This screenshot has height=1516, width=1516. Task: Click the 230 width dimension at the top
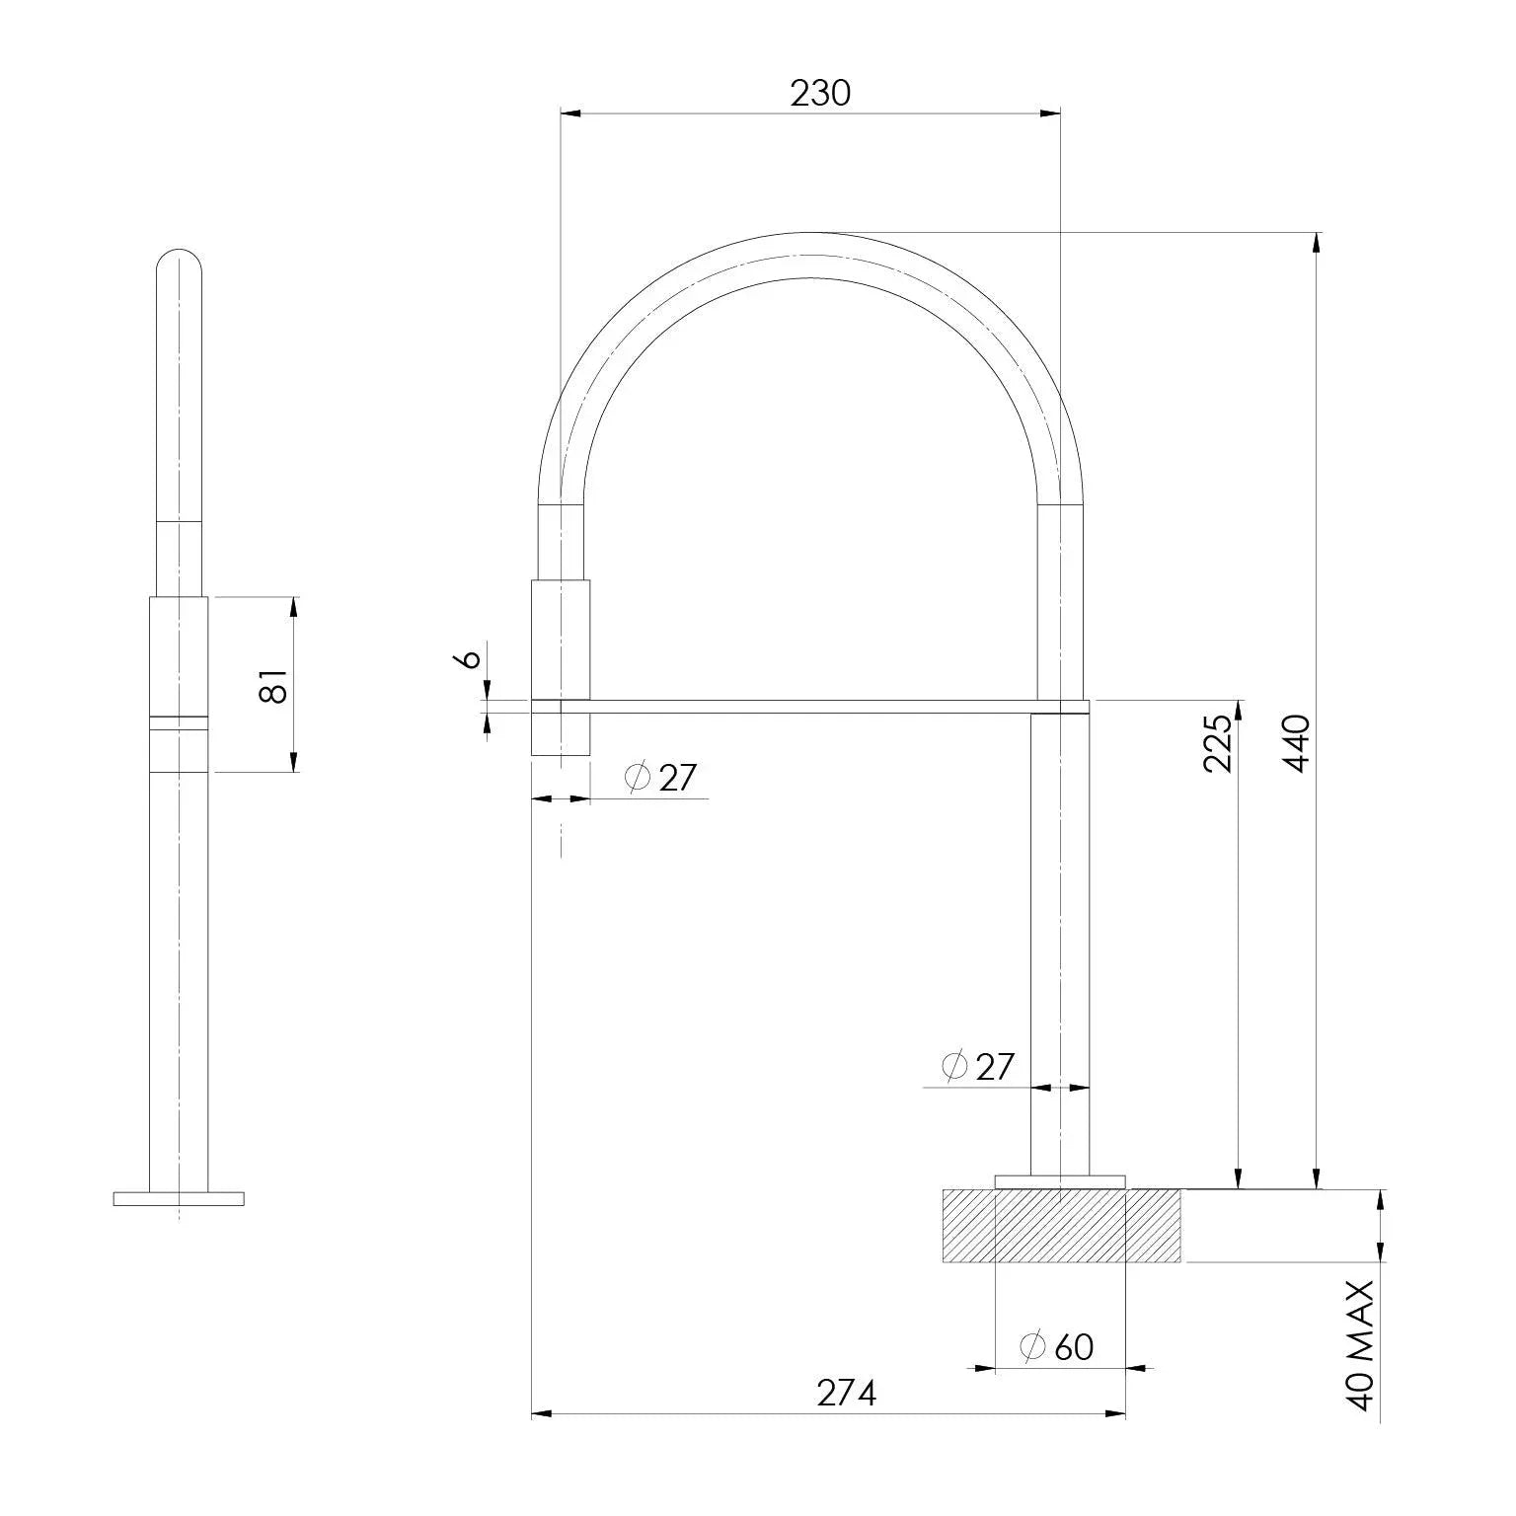click(x=819, y=93)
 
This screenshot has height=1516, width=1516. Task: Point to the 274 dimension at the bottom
click(x=846, y=1393)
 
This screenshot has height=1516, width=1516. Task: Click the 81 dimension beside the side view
click(x=275, y=684)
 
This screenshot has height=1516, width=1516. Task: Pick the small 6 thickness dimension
click(x=471, y=658)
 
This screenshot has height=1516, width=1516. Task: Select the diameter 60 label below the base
click(x=1057, y=1346)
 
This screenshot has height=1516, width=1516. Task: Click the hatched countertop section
click(x=1062, y=1226)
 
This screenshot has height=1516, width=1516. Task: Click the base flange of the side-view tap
click(x=179, y=1198)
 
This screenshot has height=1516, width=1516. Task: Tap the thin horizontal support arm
click(x=809, y=706)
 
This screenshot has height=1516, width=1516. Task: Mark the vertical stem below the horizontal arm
click(x=1060, y=938)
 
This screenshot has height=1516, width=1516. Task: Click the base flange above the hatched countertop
click(x=1060, y=1181)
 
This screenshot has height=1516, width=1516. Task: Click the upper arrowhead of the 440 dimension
click(x=1316, y=241)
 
